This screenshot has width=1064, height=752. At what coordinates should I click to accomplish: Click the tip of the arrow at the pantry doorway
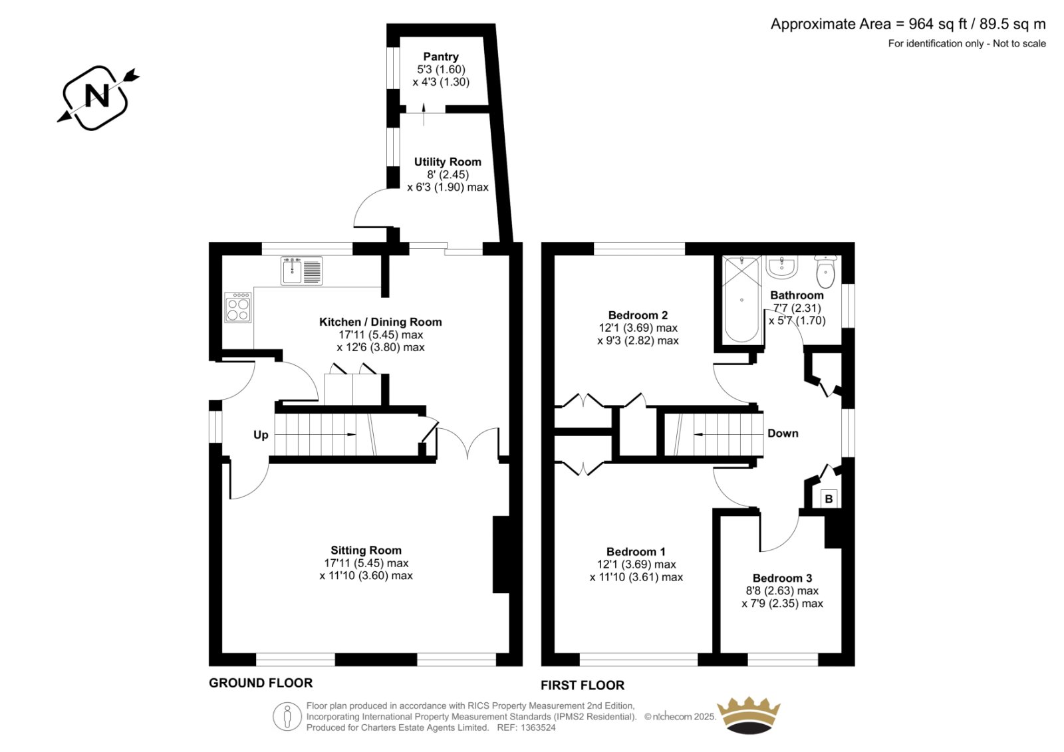point(424,102)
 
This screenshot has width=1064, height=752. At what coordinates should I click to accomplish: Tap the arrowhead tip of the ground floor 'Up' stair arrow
point(356,435)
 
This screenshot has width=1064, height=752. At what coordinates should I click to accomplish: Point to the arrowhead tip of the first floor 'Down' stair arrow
point(694,434)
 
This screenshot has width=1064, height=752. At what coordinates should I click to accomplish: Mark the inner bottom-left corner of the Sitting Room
point(222,653)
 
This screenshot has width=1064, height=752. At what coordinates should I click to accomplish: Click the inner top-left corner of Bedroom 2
point(555,255)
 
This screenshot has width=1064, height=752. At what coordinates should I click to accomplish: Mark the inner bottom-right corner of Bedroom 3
point(842,653)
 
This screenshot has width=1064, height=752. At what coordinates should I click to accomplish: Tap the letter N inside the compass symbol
point(97,96)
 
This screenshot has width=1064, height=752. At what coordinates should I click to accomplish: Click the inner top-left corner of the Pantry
point(400,37)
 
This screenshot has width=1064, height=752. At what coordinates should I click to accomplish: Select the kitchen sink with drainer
point(302,271)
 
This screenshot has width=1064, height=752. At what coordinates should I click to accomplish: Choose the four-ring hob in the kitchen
point(238,307)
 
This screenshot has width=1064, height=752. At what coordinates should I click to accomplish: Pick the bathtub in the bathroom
point(741,299)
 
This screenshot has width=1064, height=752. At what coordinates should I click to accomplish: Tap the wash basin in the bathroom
point(781,267)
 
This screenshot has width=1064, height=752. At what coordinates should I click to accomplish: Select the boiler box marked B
point(829,499)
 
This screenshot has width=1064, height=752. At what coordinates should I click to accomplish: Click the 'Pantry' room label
point(441,57)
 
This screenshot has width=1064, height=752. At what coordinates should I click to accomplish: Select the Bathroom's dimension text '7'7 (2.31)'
point(797,308)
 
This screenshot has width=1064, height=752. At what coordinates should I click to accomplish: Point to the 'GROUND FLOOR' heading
point(261,683)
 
